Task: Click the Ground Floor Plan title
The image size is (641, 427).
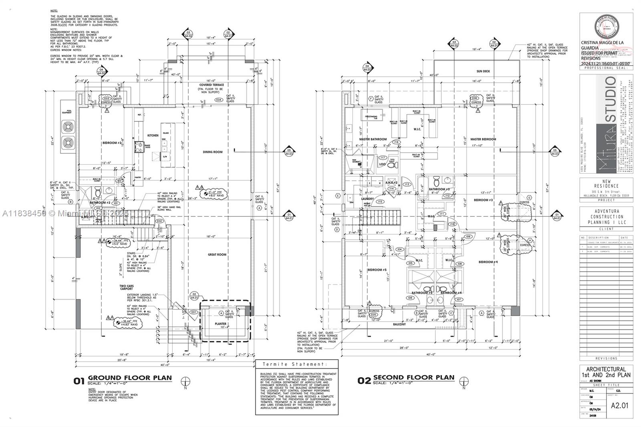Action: [129, 378]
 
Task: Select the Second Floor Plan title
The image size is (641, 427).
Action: [413, 377]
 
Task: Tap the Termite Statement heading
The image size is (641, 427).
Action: [297, 365]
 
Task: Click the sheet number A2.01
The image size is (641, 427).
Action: [619, 405]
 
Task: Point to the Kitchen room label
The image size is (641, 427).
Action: [153, 135]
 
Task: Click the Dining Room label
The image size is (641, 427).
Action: [212, 152]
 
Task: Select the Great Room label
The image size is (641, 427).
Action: [217, 254]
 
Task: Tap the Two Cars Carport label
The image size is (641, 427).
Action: [126, 288]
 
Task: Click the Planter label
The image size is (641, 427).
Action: [220, 324]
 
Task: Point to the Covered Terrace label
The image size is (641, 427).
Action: [212, 85]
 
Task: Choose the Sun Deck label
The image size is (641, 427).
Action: [483, 71]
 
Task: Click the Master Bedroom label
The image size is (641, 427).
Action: [483, 139]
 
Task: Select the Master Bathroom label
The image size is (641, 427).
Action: [373, 139]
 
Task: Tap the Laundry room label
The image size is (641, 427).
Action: [367, 199]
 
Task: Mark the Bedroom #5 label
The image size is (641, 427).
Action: [377, 270]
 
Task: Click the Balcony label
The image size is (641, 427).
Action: [399, 324]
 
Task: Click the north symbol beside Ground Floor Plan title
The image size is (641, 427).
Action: [185, 381]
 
